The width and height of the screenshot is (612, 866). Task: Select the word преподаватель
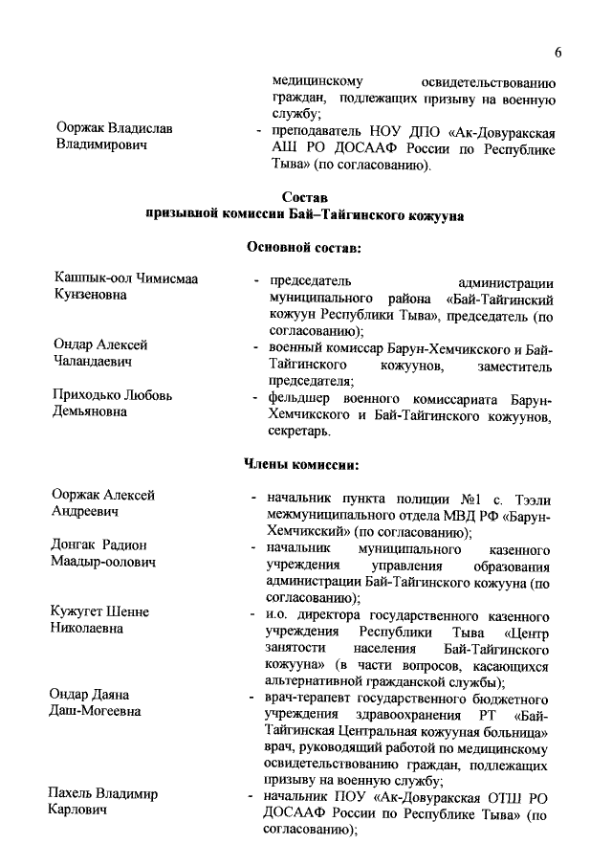pos(314,129)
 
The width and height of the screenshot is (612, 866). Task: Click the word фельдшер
pos(299,396)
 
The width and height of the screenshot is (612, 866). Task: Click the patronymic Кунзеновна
pos(91,296)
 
